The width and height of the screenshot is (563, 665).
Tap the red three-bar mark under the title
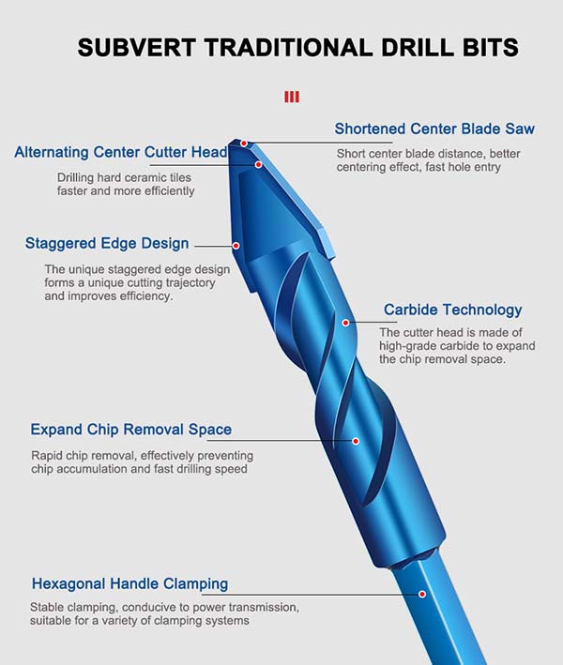(x=292, y=98)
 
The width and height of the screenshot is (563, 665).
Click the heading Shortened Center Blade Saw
(x=434, y=128)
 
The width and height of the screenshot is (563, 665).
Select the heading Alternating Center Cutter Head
(x=121, y=152)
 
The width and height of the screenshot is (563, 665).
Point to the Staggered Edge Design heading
(x=107, y=244)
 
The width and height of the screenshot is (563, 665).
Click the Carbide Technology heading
(x=452, y=310)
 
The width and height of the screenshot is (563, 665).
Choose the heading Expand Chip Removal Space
(x=131, y=430)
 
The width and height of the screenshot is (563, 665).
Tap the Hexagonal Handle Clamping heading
(x=129, y=584)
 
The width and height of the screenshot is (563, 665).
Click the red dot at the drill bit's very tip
(x=244, y=144)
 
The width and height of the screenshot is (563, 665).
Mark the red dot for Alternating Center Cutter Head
(x=258, y=164)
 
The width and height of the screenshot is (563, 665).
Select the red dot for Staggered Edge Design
(x=236, y=246)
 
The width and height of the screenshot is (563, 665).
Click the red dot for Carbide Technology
(x=346, y=323)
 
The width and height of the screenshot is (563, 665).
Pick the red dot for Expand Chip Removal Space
(x=356, y=441)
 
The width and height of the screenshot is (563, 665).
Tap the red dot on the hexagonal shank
(x=422, y=594)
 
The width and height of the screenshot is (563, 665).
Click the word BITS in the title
(x=491, y=48)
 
